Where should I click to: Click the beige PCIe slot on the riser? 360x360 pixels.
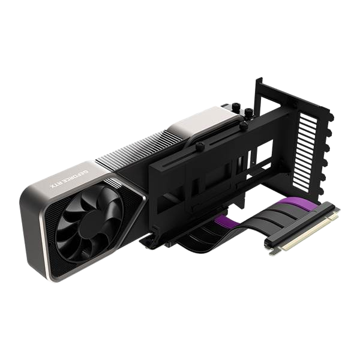pos(309,233)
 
